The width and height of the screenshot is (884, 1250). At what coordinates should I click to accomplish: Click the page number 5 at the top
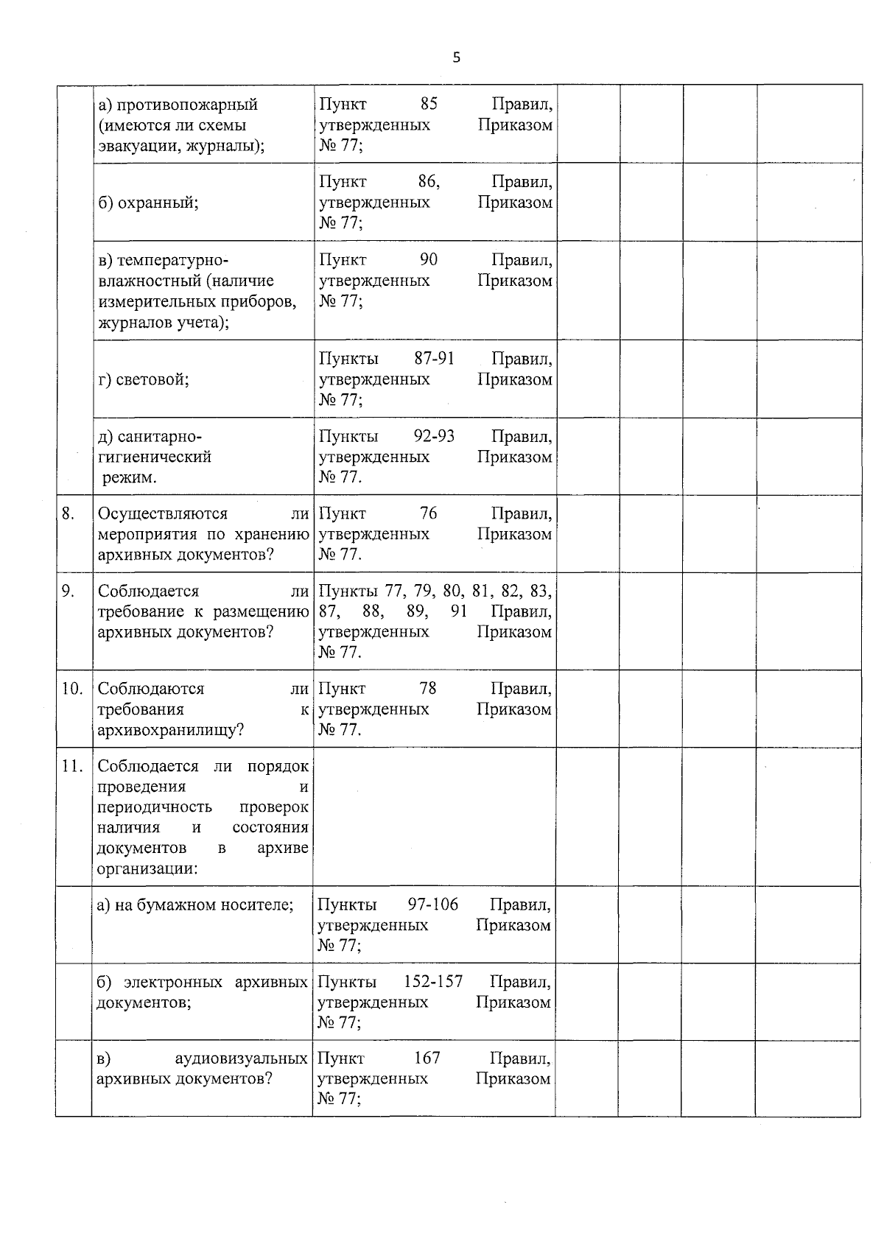pos(456,57)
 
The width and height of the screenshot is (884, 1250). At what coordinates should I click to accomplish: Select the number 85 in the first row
pos(429,104)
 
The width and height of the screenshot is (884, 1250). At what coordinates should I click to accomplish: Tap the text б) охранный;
pos(149,203)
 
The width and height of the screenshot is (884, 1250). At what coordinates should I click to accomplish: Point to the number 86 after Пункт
pos(428,182)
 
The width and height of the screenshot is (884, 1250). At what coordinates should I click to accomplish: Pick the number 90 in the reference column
pos(429,260)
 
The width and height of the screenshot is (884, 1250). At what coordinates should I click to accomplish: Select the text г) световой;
pos(144,379)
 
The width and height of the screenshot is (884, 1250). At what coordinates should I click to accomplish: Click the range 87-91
pos(434,359)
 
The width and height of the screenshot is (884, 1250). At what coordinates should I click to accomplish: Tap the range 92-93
pos(434,436)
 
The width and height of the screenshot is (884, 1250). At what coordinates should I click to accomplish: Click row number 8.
pos(68,513)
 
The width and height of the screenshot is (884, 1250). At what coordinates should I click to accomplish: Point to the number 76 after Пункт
pos(428,513)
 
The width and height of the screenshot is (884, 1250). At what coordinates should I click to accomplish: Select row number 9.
pos(68,591)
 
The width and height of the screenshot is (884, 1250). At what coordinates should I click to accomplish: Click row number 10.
pos(71,689)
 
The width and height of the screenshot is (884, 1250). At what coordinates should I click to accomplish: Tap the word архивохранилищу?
pos(171,730)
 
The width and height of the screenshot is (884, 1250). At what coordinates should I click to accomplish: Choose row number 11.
pos(71,766)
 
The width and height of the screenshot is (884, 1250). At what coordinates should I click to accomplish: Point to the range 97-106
pos(432,905)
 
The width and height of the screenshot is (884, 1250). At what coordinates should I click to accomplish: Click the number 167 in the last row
pos(427,1058)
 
